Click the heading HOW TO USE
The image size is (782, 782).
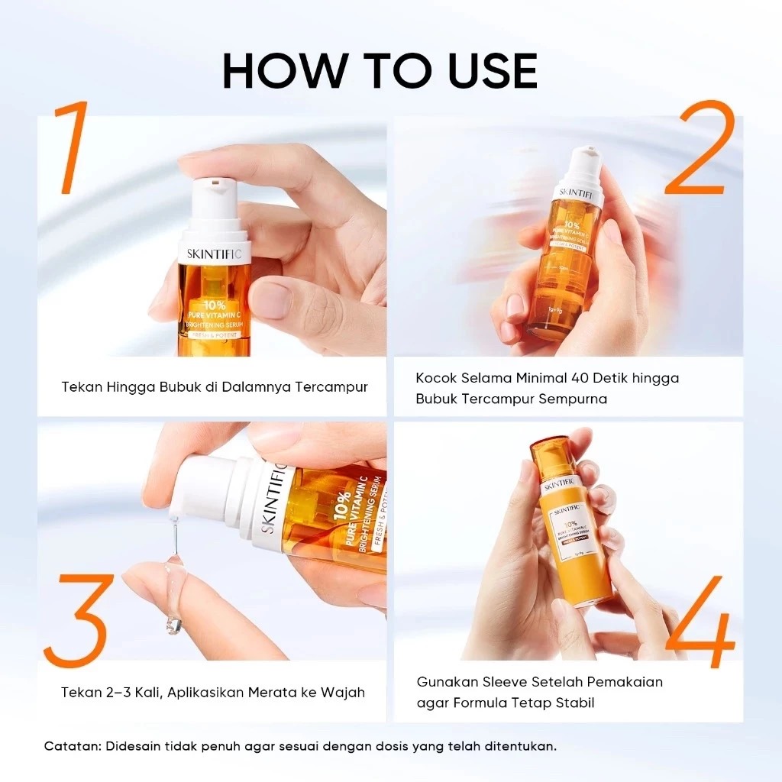(380, 71)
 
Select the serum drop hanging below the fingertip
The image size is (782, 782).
(174, 625)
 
